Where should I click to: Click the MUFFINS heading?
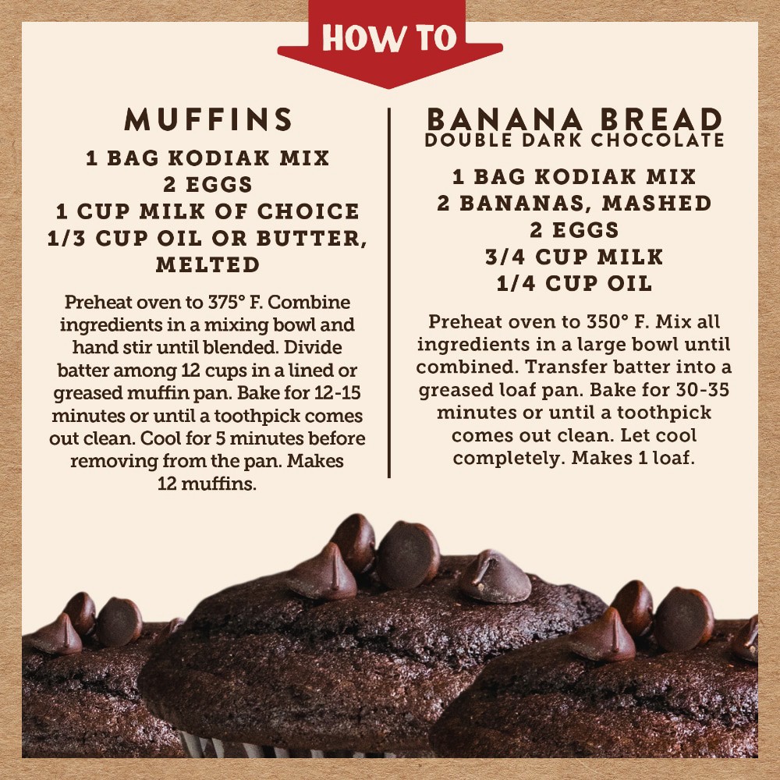208,119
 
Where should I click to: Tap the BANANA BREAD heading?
575,119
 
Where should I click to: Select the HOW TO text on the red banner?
389,37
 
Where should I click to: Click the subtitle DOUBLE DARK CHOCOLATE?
575,140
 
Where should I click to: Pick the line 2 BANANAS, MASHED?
575,204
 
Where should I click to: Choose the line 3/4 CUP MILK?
575,257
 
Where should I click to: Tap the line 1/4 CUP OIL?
575,284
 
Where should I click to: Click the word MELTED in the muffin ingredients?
208,264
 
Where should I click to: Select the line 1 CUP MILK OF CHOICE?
208,211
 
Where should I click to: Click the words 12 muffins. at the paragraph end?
207,484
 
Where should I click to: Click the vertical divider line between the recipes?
389,293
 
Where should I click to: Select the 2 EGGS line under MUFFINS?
208,185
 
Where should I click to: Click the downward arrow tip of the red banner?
389,87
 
